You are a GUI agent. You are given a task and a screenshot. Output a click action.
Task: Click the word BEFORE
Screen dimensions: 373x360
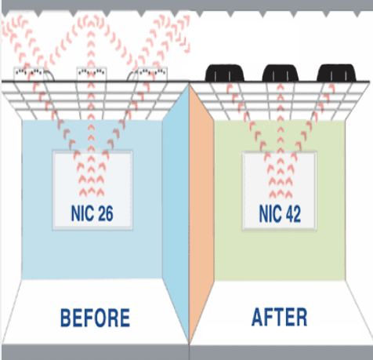95,318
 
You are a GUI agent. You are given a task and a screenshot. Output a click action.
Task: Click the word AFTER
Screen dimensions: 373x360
279,317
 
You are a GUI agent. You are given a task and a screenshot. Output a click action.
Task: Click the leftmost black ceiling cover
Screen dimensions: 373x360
225,73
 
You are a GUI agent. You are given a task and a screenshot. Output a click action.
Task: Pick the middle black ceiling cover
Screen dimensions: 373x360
281,73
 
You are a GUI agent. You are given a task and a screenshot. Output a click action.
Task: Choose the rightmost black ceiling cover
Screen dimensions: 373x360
336,73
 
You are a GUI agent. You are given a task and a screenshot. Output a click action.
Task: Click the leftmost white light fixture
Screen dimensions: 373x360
29,74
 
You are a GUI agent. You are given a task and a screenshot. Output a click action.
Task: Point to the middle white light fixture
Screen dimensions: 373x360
92,74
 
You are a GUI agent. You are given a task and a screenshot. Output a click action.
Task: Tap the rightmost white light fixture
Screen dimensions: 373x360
152,74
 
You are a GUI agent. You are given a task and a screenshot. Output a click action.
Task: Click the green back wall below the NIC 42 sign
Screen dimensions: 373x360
280,256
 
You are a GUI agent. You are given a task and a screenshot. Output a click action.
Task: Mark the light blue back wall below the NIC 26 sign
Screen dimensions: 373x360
92,255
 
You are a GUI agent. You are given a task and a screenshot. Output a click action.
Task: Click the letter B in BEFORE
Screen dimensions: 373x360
65,318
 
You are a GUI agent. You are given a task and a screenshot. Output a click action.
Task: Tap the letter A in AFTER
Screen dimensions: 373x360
258,317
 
